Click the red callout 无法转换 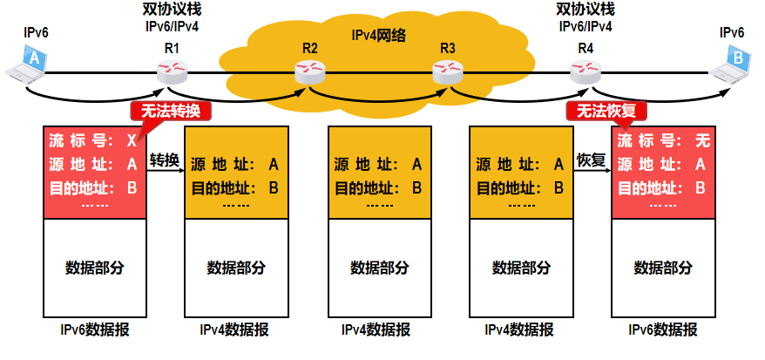coord(171,111)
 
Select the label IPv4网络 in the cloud coord(379,36)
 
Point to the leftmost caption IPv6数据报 coord(94,329)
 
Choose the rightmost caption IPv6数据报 coord(662,329)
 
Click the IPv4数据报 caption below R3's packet coord(519,329)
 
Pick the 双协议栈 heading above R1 coord(171,10)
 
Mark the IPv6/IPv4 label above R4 coord(586,27)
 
